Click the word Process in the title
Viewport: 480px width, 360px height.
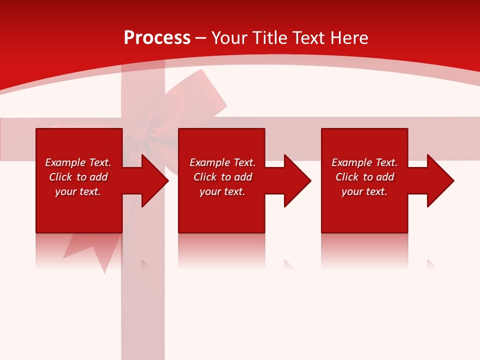click(157, 38)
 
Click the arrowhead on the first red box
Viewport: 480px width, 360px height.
click(150, 180)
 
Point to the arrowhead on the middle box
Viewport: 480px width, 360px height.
click(293, 180)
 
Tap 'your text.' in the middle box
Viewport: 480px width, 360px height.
click(222, 191)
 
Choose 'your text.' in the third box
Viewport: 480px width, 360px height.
click(364, 191)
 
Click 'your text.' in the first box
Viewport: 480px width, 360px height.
click(77, 191)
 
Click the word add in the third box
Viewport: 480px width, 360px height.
click(385, 177)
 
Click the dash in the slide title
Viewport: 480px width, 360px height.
click(201, 38)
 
